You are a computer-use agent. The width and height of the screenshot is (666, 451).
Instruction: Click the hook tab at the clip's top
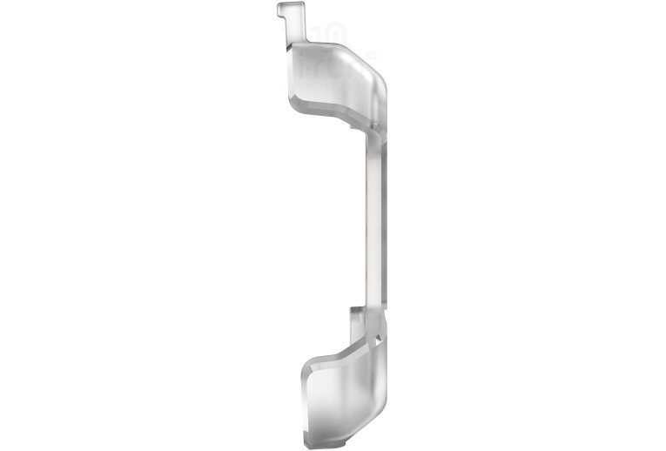tap(292, 12)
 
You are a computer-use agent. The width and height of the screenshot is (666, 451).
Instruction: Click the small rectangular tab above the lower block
tap(358, 315)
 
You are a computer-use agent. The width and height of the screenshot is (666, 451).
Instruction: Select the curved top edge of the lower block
tap(326, 353)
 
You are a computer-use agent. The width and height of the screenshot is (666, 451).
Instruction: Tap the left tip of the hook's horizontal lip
tap(280, 10)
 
